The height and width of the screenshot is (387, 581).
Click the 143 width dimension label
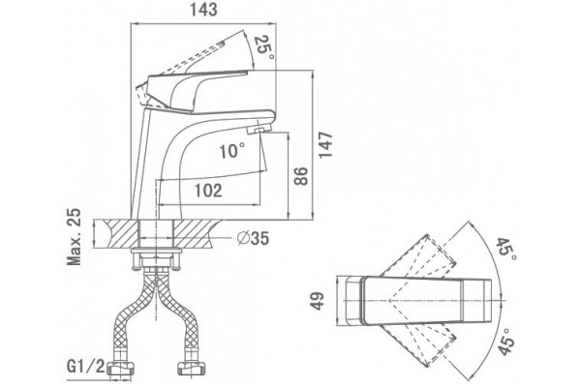pyautogui.click(x=203, y=10)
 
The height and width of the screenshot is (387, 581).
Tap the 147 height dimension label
pyautogui.click(x=326, y=145)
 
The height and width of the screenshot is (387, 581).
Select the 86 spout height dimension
pyautogui.click(x=301, y=176)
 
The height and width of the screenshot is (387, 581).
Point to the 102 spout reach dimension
pyautogui.click(x=208, y=191)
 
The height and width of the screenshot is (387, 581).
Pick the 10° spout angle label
pyautogui.click(x=232, y=151)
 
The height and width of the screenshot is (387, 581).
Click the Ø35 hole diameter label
pyautogui.click(x=253, y=238)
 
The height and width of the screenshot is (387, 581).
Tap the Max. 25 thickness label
pyautogui.click(x=74, y=237)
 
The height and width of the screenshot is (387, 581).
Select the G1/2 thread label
pyautogui.click(x=85, y=367)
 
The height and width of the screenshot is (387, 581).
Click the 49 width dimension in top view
pyautogui.click(x=318, y=301)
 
